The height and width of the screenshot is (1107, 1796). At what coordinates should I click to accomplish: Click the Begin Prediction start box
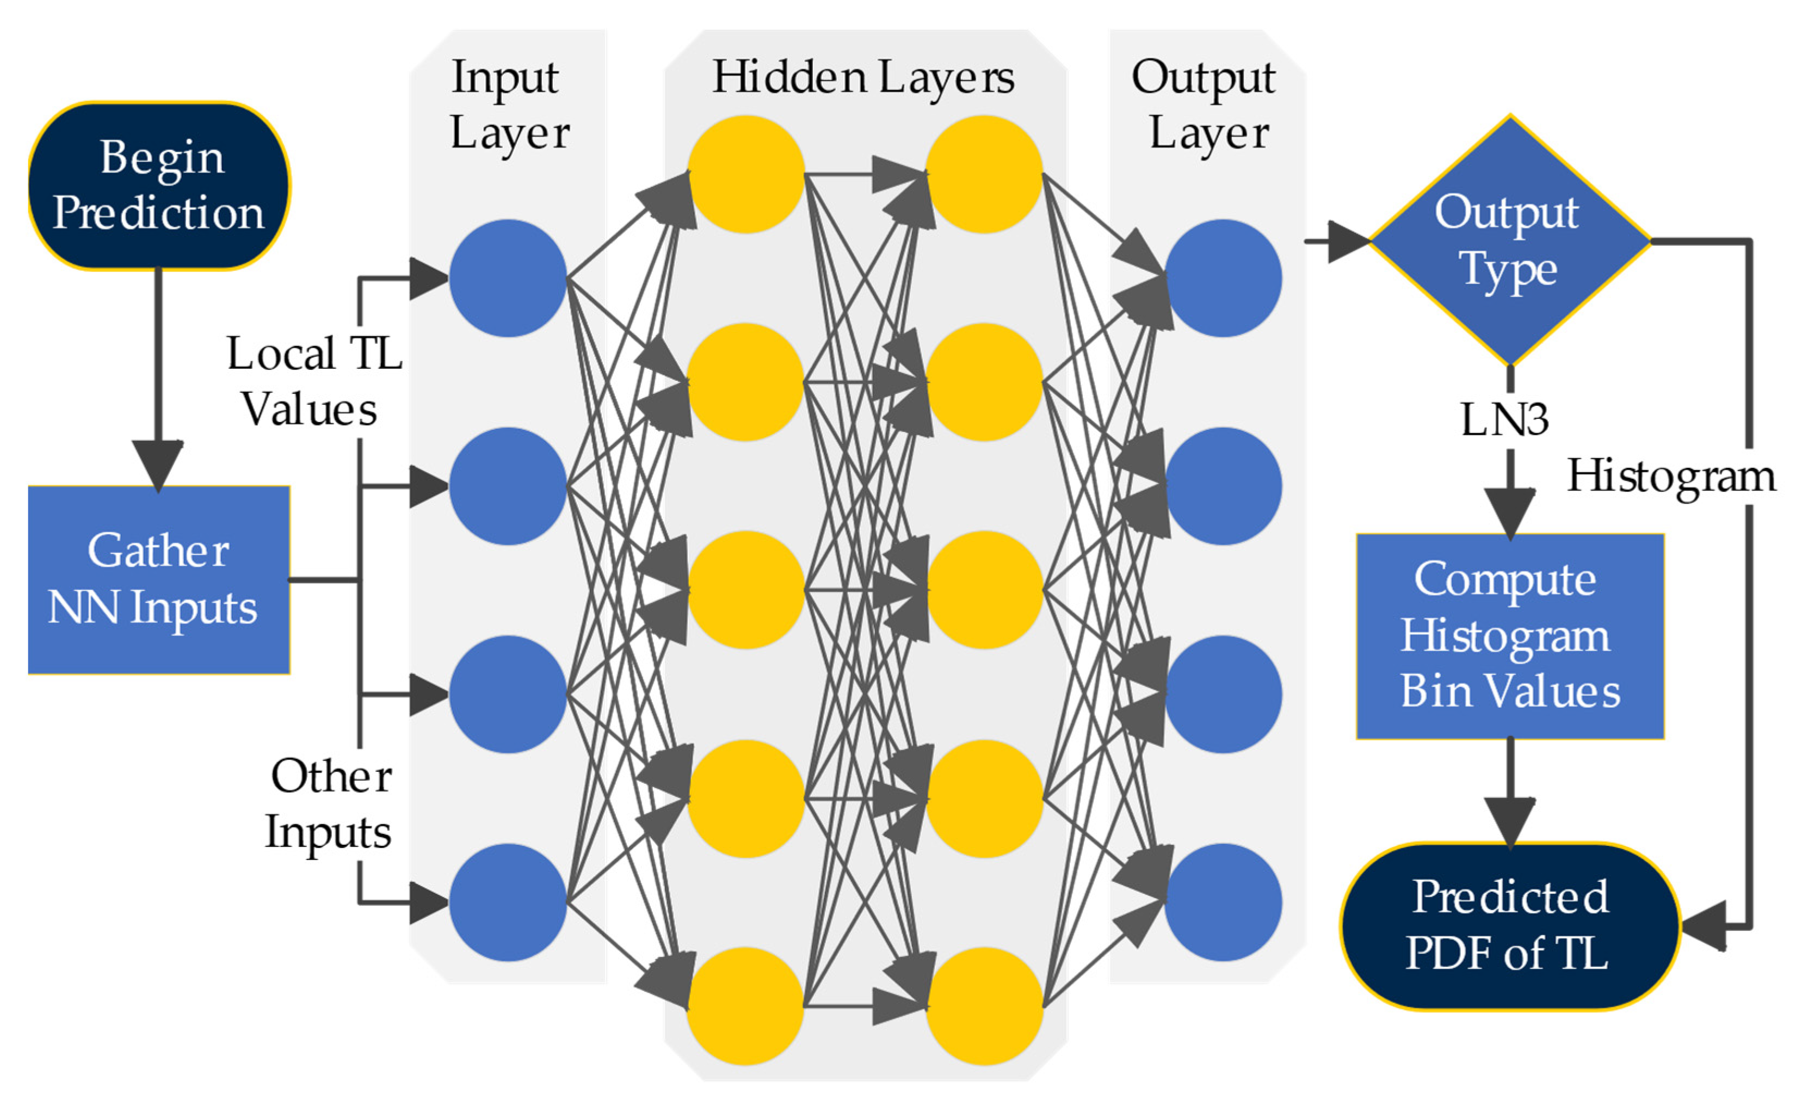point(159,186)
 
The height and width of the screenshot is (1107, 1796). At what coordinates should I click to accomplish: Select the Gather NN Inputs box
point(159,579)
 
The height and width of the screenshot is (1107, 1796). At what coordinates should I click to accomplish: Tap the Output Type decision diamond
point(1509,240)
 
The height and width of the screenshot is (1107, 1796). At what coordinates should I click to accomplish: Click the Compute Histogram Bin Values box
point(1509,635)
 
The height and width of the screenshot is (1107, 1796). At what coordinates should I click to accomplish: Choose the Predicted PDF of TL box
point(1509,925)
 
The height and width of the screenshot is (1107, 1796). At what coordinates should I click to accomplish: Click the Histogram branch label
point(1670,477)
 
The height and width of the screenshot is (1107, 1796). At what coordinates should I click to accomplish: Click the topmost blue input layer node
point(508,278)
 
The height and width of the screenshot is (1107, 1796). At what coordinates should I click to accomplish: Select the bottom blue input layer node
point(508,902)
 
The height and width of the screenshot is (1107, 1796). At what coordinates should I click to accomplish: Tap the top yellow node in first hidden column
point(745,174)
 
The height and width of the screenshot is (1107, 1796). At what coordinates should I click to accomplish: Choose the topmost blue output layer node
point(1222,278)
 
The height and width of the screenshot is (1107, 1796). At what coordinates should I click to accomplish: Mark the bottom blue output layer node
point(1222,902)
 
